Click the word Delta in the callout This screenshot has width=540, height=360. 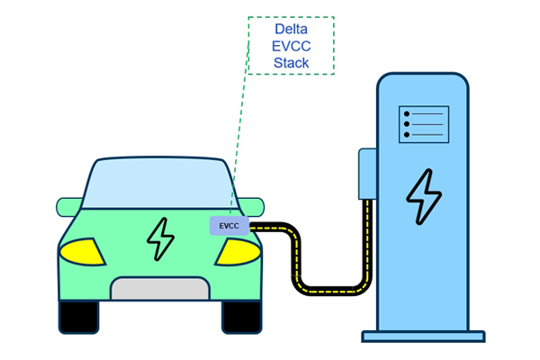pos(291,29)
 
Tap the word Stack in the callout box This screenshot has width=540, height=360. pos(291,63)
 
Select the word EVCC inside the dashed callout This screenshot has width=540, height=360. pos(291,46)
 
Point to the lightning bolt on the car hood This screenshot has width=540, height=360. pos(161,238)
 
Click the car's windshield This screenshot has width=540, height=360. pos(160,185)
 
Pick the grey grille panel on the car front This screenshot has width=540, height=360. pos(161,288)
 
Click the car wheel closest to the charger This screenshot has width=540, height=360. pos(242,316)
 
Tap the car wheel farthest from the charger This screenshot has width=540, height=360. pos(78,316)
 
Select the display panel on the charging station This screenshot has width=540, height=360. pos(423,123)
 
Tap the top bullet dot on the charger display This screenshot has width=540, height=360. pos(407,113)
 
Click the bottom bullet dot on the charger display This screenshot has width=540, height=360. pos(407,135)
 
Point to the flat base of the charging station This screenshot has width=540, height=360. pos(423,336)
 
